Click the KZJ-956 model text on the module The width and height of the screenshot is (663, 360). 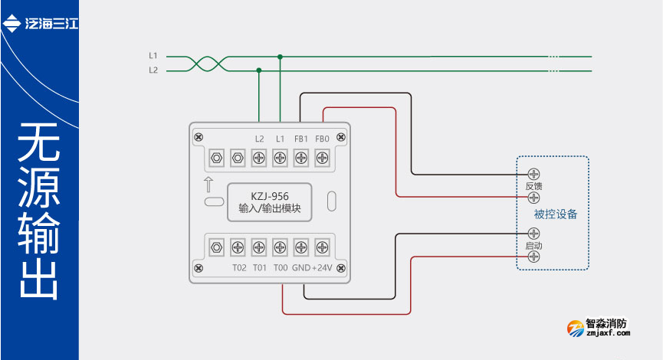pyautogui.click(x=269, y=195)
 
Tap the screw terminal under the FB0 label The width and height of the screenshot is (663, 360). pyautogui.click(x=323, y=158)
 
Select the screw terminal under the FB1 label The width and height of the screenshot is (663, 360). pyautogui.click(x=301, y=158)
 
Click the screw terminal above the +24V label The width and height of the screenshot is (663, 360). pyautogui.click(x=323, y=247)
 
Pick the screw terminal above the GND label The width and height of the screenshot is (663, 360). pyautogui.click(x=301, y=247)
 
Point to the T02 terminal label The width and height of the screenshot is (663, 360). pyautogui.click(x=239, y=268)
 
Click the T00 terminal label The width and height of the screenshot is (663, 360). pyautogui.click(x=281, y=268)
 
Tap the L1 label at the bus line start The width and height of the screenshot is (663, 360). pyautogui.click(x=153, y=56)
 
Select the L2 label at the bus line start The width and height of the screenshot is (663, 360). pyautogui.click(x=153, y=70)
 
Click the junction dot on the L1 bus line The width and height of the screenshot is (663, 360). pyautogui.click(x=281, y=56)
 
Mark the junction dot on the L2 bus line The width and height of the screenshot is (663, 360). pyautogui.click(x=259, y=70)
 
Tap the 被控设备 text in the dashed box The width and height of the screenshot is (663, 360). pyautogui.click(x=556, y=214)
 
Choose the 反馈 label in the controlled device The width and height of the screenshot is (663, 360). pyautogui.click(x=534, y=186)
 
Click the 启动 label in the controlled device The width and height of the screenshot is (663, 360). pyautogui.click(x=534, y=245)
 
